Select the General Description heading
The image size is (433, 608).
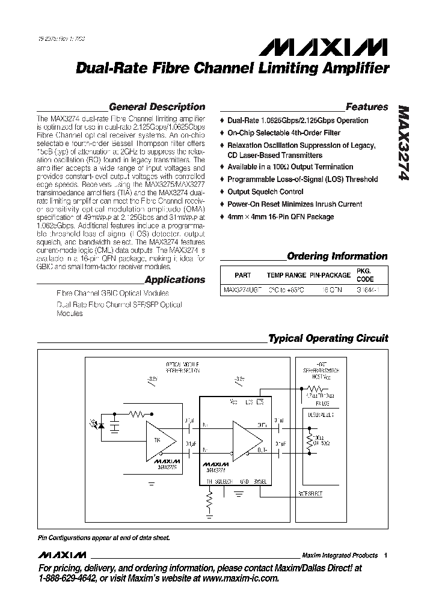(157, 107)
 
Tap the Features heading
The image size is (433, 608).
(367, 107)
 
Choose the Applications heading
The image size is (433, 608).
(175, 279)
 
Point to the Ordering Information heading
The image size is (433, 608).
(337, 256)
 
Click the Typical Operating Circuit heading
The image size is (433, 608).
(328, 338)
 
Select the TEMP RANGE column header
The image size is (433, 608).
(286, 275)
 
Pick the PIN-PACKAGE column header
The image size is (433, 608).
(330, 275)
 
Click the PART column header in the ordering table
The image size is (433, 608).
(242, 275)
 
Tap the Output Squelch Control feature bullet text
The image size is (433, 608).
(261, 192)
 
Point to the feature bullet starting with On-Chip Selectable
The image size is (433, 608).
(284, 133)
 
